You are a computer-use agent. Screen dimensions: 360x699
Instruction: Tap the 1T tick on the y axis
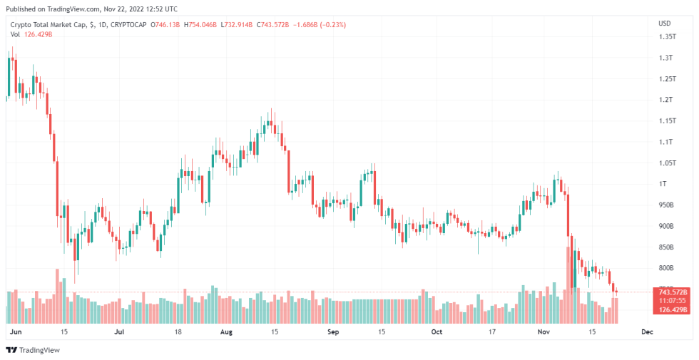pos(663,184)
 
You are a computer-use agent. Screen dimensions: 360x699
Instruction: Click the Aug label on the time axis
pos(227,332)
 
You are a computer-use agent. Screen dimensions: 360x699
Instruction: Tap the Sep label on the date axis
pos(332,332)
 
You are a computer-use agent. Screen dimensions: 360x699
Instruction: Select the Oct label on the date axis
pos(437,332)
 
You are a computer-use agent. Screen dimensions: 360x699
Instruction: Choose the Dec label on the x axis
pos(647,332)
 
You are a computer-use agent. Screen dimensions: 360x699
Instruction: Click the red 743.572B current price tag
pos(672,292)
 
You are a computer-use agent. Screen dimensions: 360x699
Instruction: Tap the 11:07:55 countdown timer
pos(672,301)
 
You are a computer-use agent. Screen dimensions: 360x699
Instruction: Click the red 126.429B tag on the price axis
pos(672,309)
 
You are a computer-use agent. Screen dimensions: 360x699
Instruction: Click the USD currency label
pos(664,23)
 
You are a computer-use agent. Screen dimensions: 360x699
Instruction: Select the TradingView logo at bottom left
pos(33,350)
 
